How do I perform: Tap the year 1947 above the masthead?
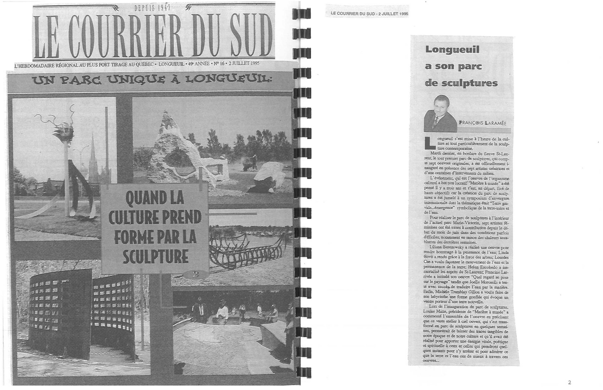click(163, 8)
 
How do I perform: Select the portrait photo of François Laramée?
click(440, 114)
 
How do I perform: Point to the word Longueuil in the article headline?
click(448, 50)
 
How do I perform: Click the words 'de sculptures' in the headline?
click(461, 83)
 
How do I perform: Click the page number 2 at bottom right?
click(569, 382)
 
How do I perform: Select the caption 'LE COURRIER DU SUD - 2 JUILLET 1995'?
click(369, 14)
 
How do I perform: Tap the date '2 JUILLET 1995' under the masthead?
click(244, 63)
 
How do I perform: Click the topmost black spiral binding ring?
click(301, 13)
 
